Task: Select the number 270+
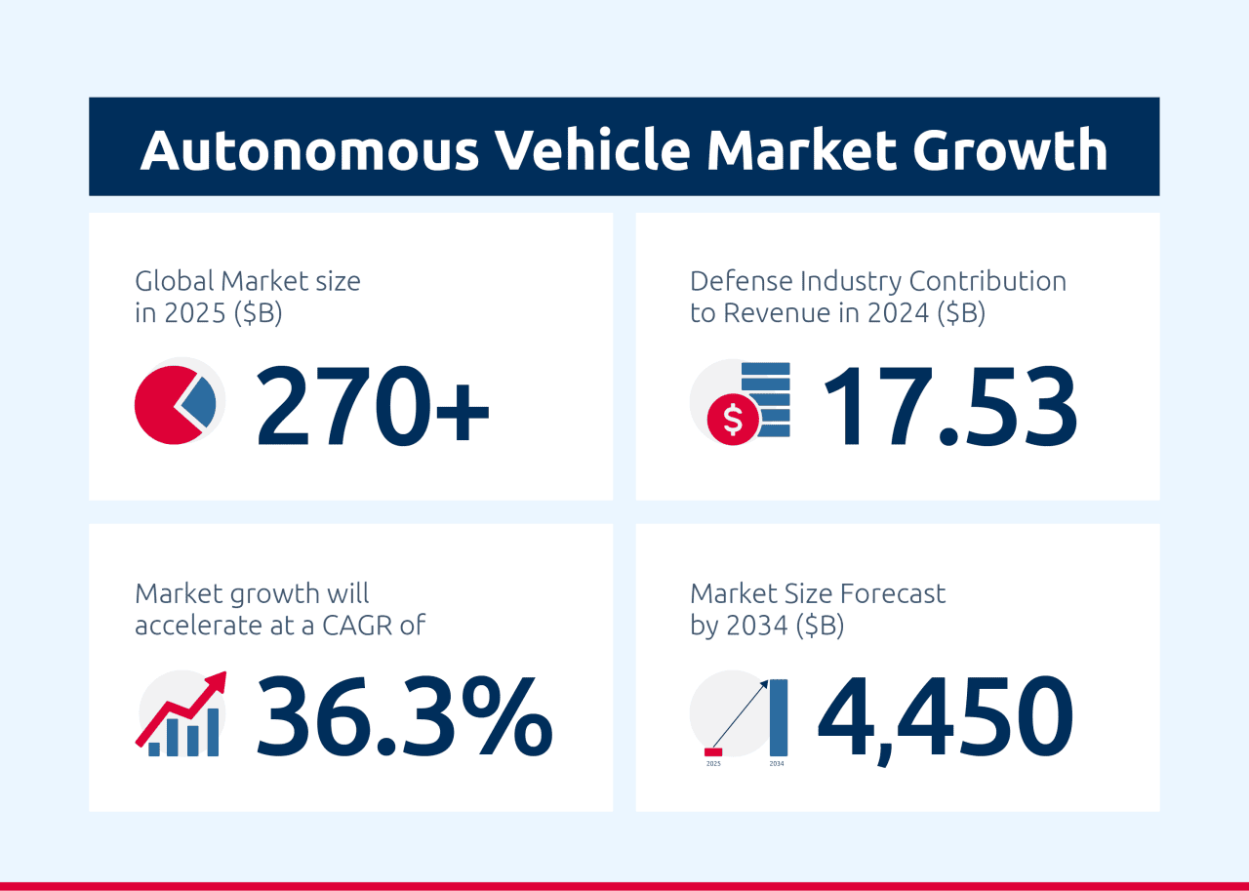pyautogui.click(x=373, y=404)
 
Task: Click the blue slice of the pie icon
pyautogui.click(x=200, y=401)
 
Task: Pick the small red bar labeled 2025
pyautogui.click(x=713, y=751)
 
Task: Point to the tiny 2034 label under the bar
pyautogui.click(x=777, y=764)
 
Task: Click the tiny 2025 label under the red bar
pyautogui.click(x=713, y=764)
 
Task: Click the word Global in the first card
pyautogui.click(x=174, y=281)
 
